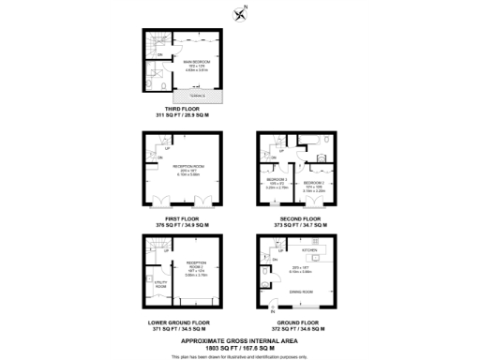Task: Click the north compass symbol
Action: (241, 12)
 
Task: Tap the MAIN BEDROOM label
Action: (194, 61)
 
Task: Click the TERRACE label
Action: (197, 96)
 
